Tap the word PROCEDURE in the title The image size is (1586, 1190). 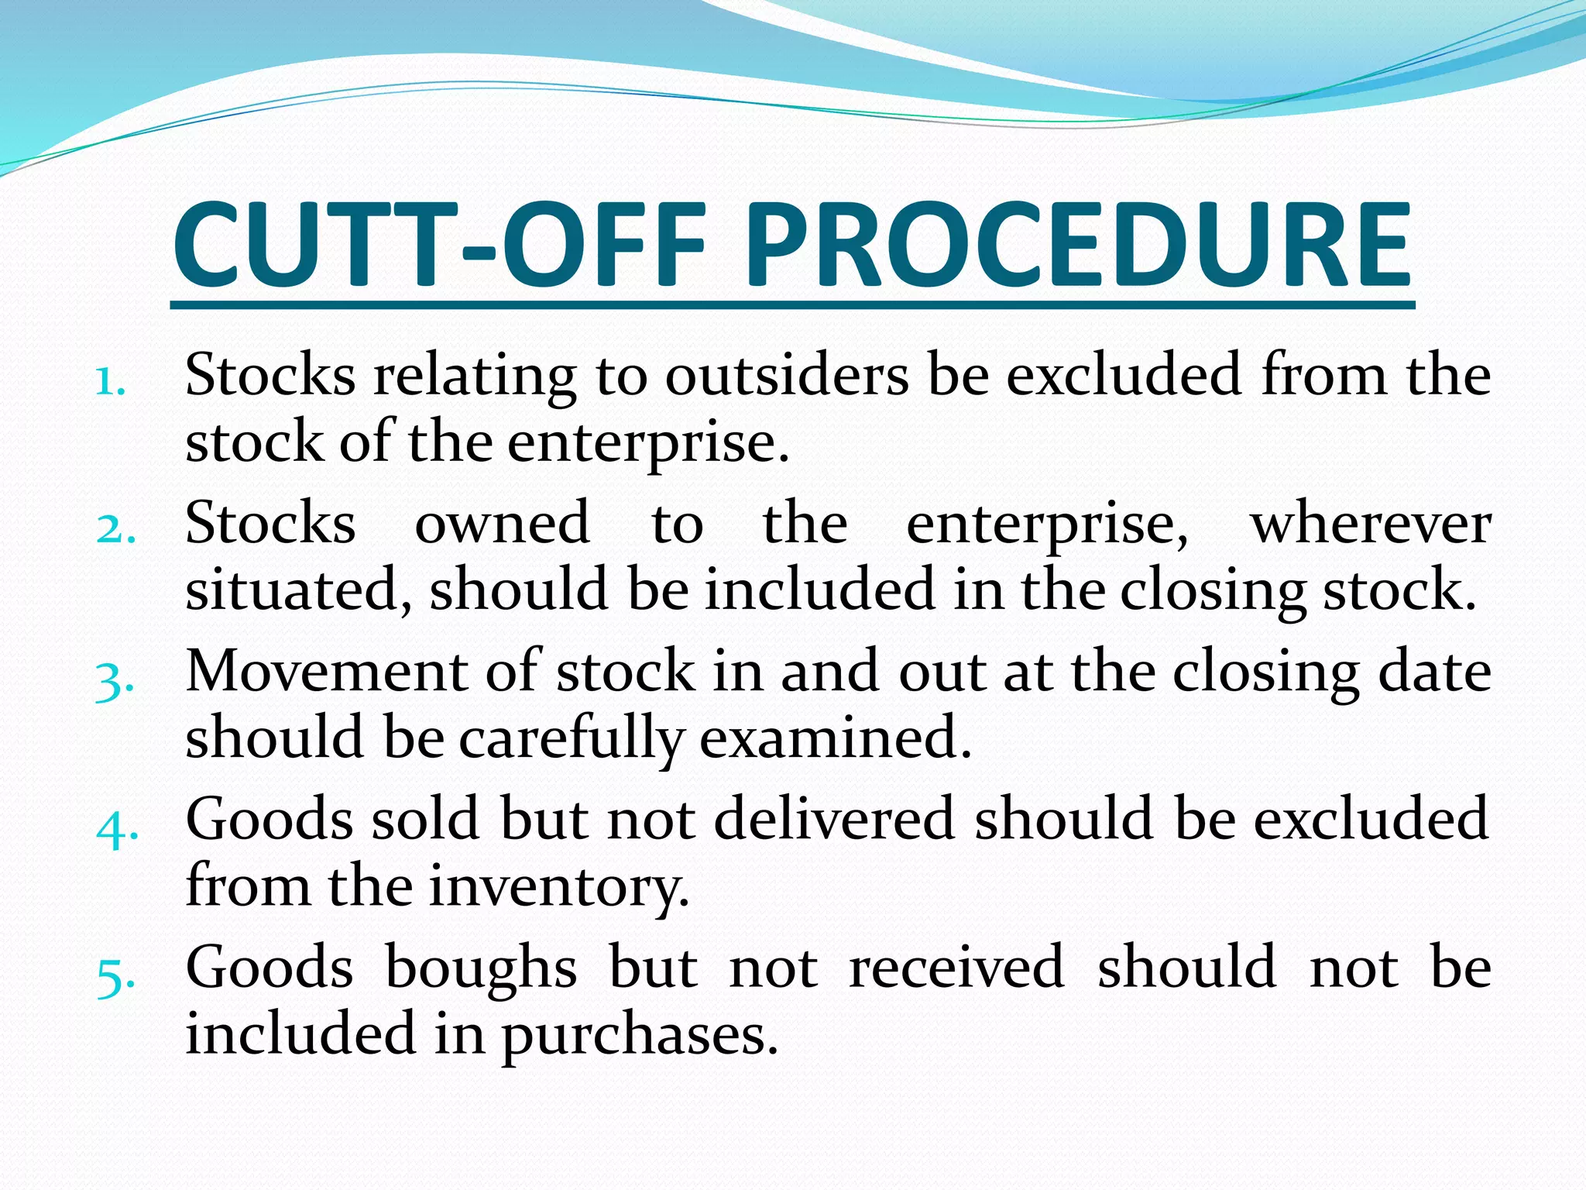pyautogui.click(x=1078, y=245)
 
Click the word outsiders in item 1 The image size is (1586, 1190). pyautogui.click(x=787, y=375)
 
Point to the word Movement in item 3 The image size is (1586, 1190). pyautogui.click(x=325, y=671)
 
